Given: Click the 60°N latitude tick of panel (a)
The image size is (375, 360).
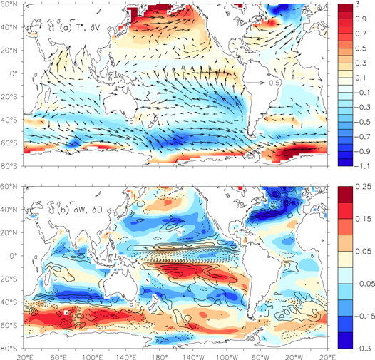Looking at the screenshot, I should [12, 5].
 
